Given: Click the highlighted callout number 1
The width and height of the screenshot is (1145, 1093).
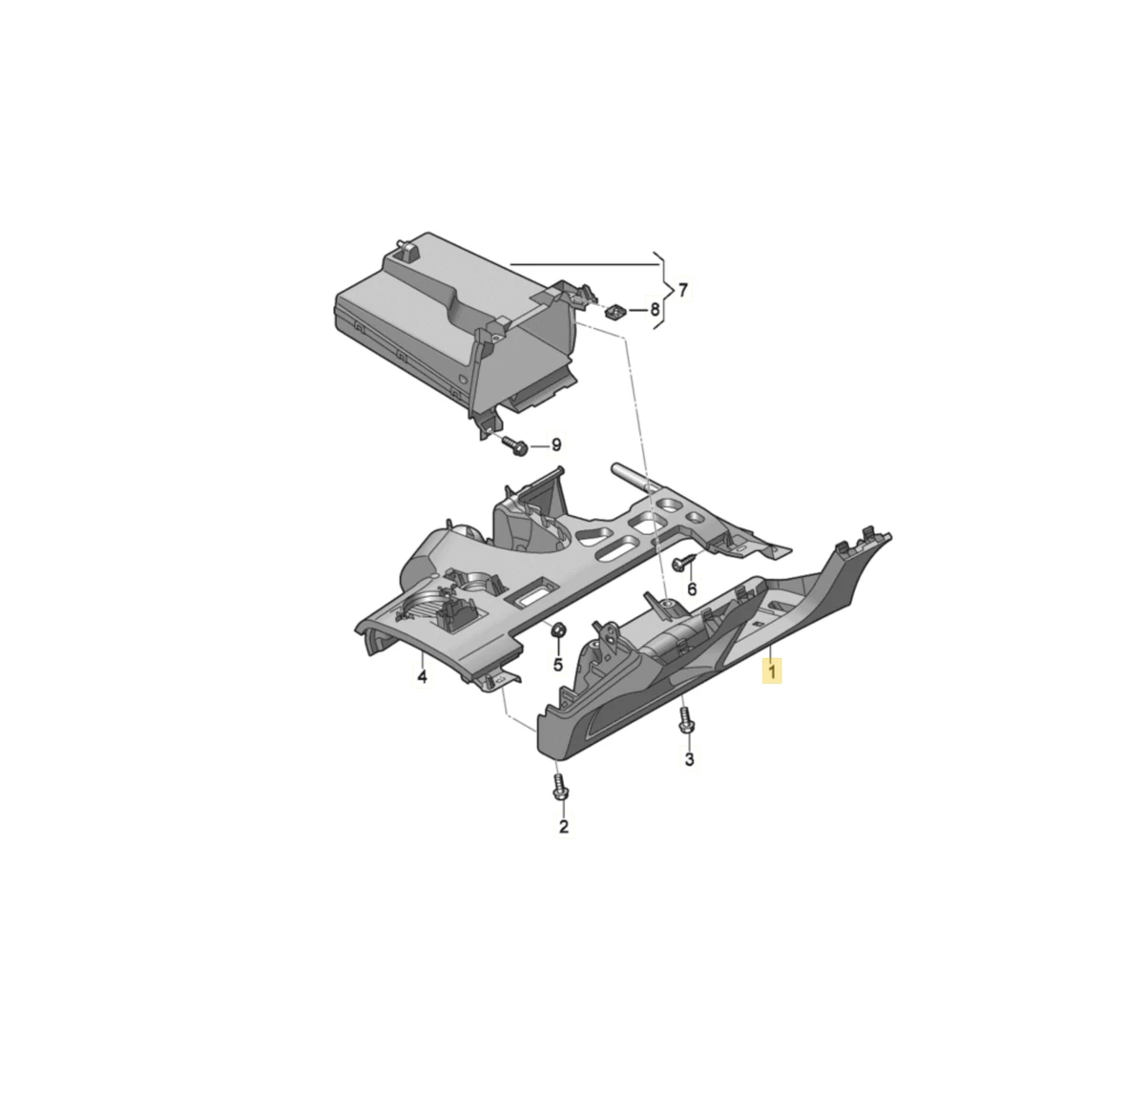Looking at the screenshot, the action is coord(772,670).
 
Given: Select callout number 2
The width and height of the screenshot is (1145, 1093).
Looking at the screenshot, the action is coord(564,827).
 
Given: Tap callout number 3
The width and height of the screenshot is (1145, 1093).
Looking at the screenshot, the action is coord(689,759).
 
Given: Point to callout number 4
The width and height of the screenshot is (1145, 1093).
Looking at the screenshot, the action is coord(422,677).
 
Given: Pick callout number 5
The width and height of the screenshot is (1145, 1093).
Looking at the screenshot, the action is coord(558,665).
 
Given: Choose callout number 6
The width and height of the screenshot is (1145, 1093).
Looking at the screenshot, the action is coord(692,588).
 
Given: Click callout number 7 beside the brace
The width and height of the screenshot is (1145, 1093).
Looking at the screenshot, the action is coord(682,290).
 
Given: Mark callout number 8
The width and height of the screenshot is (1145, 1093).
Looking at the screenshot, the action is coord(655,309).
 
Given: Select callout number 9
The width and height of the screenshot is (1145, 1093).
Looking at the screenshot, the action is coord(556,444).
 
